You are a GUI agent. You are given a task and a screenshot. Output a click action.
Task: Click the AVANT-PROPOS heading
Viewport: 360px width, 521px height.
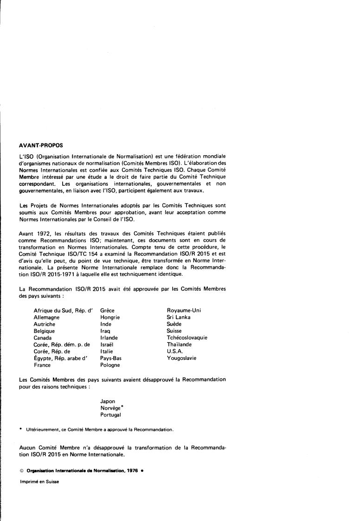pos(40,145)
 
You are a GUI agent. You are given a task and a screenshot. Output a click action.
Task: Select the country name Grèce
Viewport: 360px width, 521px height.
pos(107,311)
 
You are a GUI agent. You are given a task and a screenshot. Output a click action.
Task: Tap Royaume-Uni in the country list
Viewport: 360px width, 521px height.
pos(184,311)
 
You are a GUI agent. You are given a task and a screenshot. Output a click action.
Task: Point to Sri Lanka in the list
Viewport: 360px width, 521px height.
pos(179,318)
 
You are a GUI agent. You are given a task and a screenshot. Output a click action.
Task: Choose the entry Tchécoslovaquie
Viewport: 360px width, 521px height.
pos(187,338)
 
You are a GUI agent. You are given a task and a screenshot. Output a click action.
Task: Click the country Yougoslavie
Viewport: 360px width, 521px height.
pos(181,358)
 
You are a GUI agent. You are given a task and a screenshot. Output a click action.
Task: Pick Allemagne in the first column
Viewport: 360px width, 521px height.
pos(47,318)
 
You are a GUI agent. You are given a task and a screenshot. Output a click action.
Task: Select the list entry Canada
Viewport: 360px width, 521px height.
pos(43,338)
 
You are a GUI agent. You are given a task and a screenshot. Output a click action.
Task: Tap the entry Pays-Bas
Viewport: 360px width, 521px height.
pos(110,358)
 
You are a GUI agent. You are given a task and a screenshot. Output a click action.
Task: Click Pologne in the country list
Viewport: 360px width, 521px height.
pos(110,365)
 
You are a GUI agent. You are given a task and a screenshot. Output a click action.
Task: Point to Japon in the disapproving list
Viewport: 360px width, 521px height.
pos(108,402)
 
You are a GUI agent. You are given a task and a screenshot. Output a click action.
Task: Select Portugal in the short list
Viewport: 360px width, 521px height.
pos(110,415)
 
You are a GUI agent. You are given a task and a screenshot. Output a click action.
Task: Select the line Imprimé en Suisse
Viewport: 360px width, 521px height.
pos(39,482)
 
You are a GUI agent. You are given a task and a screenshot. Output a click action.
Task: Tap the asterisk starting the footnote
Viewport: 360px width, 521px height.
pos(21,429)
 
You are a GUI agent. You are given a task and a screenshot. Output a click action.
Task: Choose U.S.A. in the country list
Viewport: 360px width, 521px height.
pos(175,352)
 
